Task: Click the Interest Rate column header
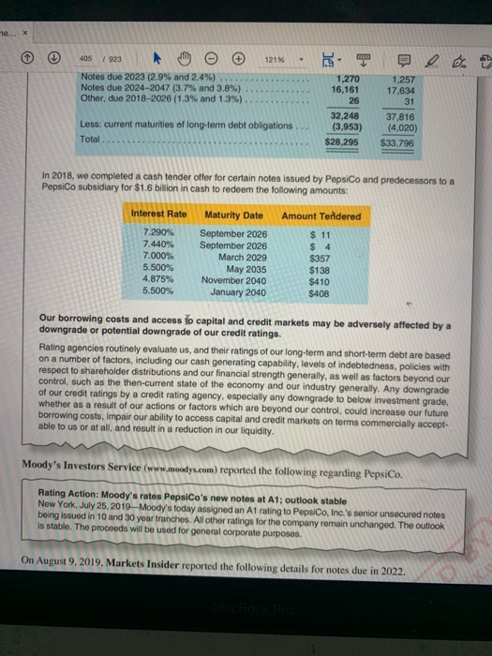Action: pos(160,216)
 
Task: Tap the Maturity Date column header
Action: pos(233,216)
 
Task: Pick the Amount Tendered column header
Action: pos(321,216)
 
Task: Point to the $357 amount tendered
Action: pos(320,256)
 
